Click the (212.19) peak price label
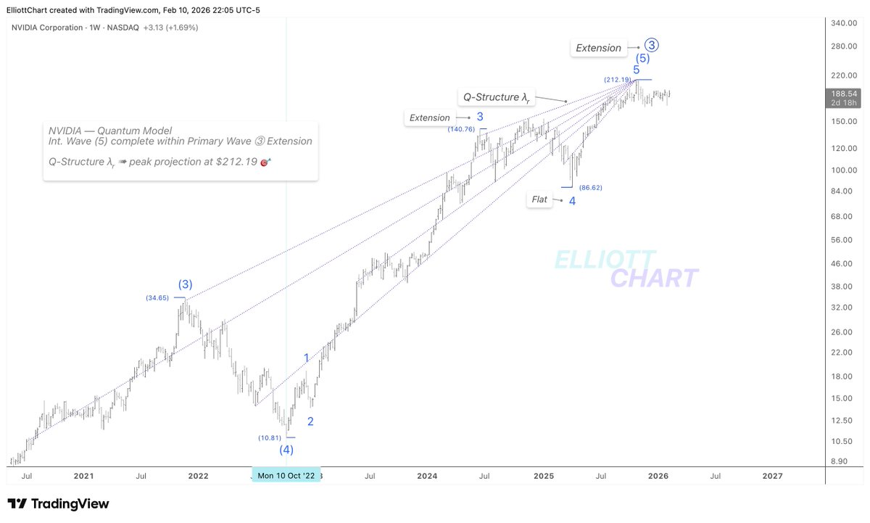(617, 79)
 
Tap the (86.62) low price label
(590, 187)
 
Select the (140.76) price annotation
(461, 129)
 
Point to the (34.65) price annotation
(159, 297)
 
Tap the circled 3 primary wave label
(651, 45)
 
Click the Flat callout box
(539, 199)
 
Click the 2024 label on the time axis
(427, 477)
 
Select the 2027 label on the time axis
(773, 477)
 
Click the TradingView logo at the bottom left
(58, 503)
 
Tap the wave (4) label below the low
(287, 450)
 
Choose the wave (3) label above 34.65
(186, 284)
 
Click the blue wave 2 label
(310, 421)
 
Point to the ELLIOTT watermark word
(605, 260)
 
